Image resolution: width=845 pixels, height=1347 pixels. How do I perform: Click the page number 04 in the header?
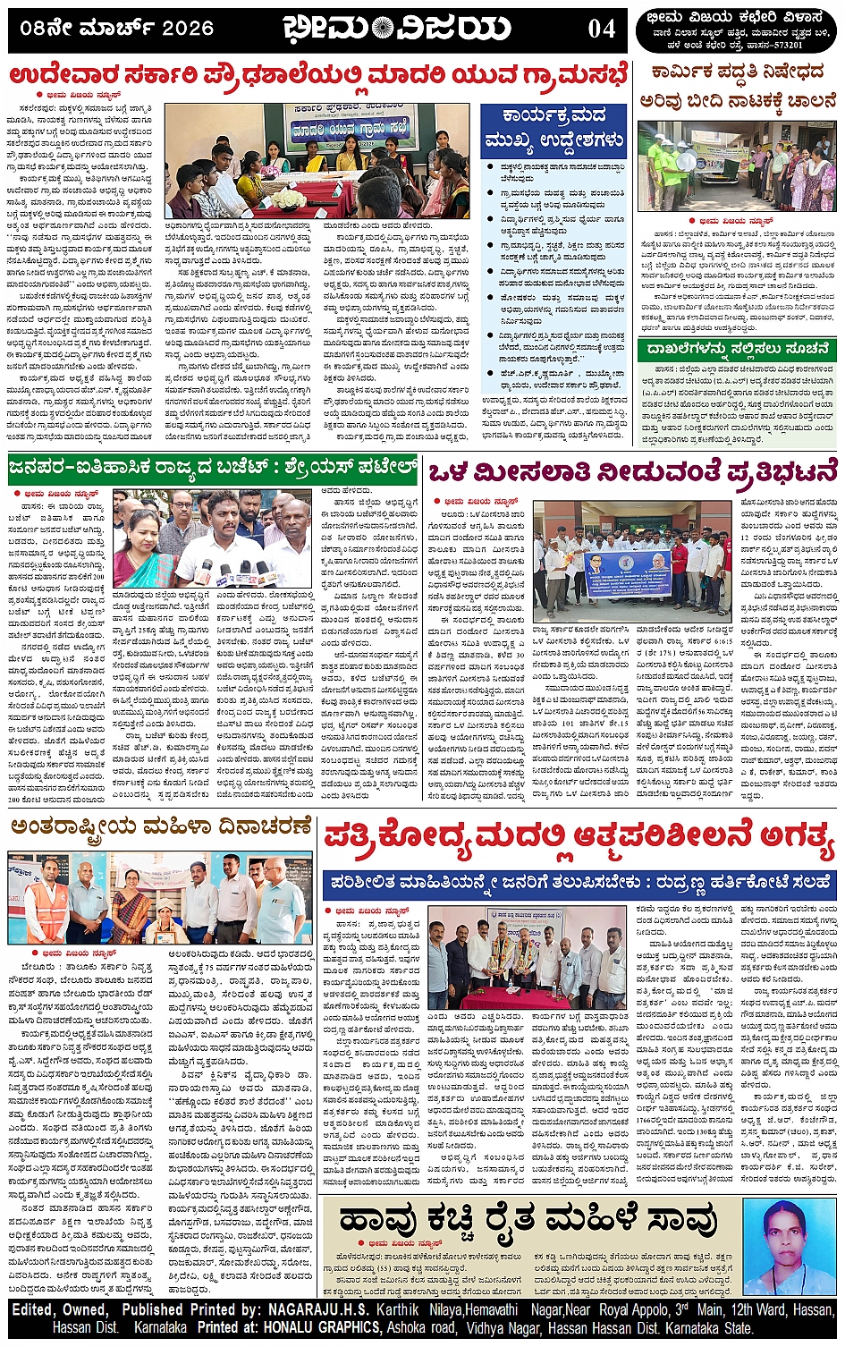(x=601, y=29)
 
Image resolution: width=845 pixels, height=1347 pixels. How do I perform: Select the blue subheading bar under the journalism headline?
(x=579, y=882)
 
